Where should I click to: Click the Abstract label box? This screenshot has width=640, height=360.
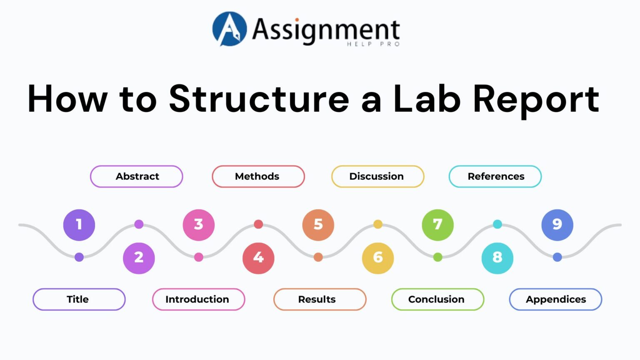point(137,176)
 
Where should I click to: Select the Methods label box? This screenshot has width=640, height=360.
point(258,176)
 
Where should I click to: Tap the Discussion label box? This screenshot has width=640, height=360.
point(377,176)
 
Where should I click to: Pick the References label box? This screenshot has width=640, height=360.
point(495,176)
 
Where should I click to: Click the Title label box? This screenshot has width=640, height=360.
point(79,299)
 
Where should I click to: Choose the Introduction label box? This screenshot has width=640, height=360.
point(198,299)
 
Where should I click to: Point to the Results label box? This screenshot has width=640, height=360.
point(320,299)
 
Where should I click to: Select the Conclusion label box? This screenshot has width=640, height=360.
point(437,299)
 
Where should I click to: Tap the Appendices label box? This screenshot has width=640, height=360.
point(555,299)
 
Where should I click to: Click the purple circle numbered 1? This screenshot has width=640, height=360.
point(79,225)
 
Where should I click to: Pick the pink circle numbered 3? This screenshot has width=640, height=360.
point(199,225)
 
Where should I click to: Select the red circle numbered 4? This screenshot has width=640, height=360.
point(258,258)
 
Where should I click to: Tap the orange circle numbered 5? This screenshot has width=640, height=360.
point(318,225)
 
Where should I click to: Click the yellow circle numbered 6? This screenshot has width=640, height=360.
point(378,258)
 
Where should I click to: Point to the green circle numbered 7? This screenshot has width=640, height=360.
point(437,225)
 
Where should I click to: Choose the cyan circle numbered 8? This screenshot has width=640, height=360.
point(497,258)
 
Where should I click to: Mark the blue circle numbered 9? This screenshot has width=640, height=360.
point(557,225)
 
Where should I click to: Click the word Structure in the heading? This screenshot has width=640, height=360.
point(259,99)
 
